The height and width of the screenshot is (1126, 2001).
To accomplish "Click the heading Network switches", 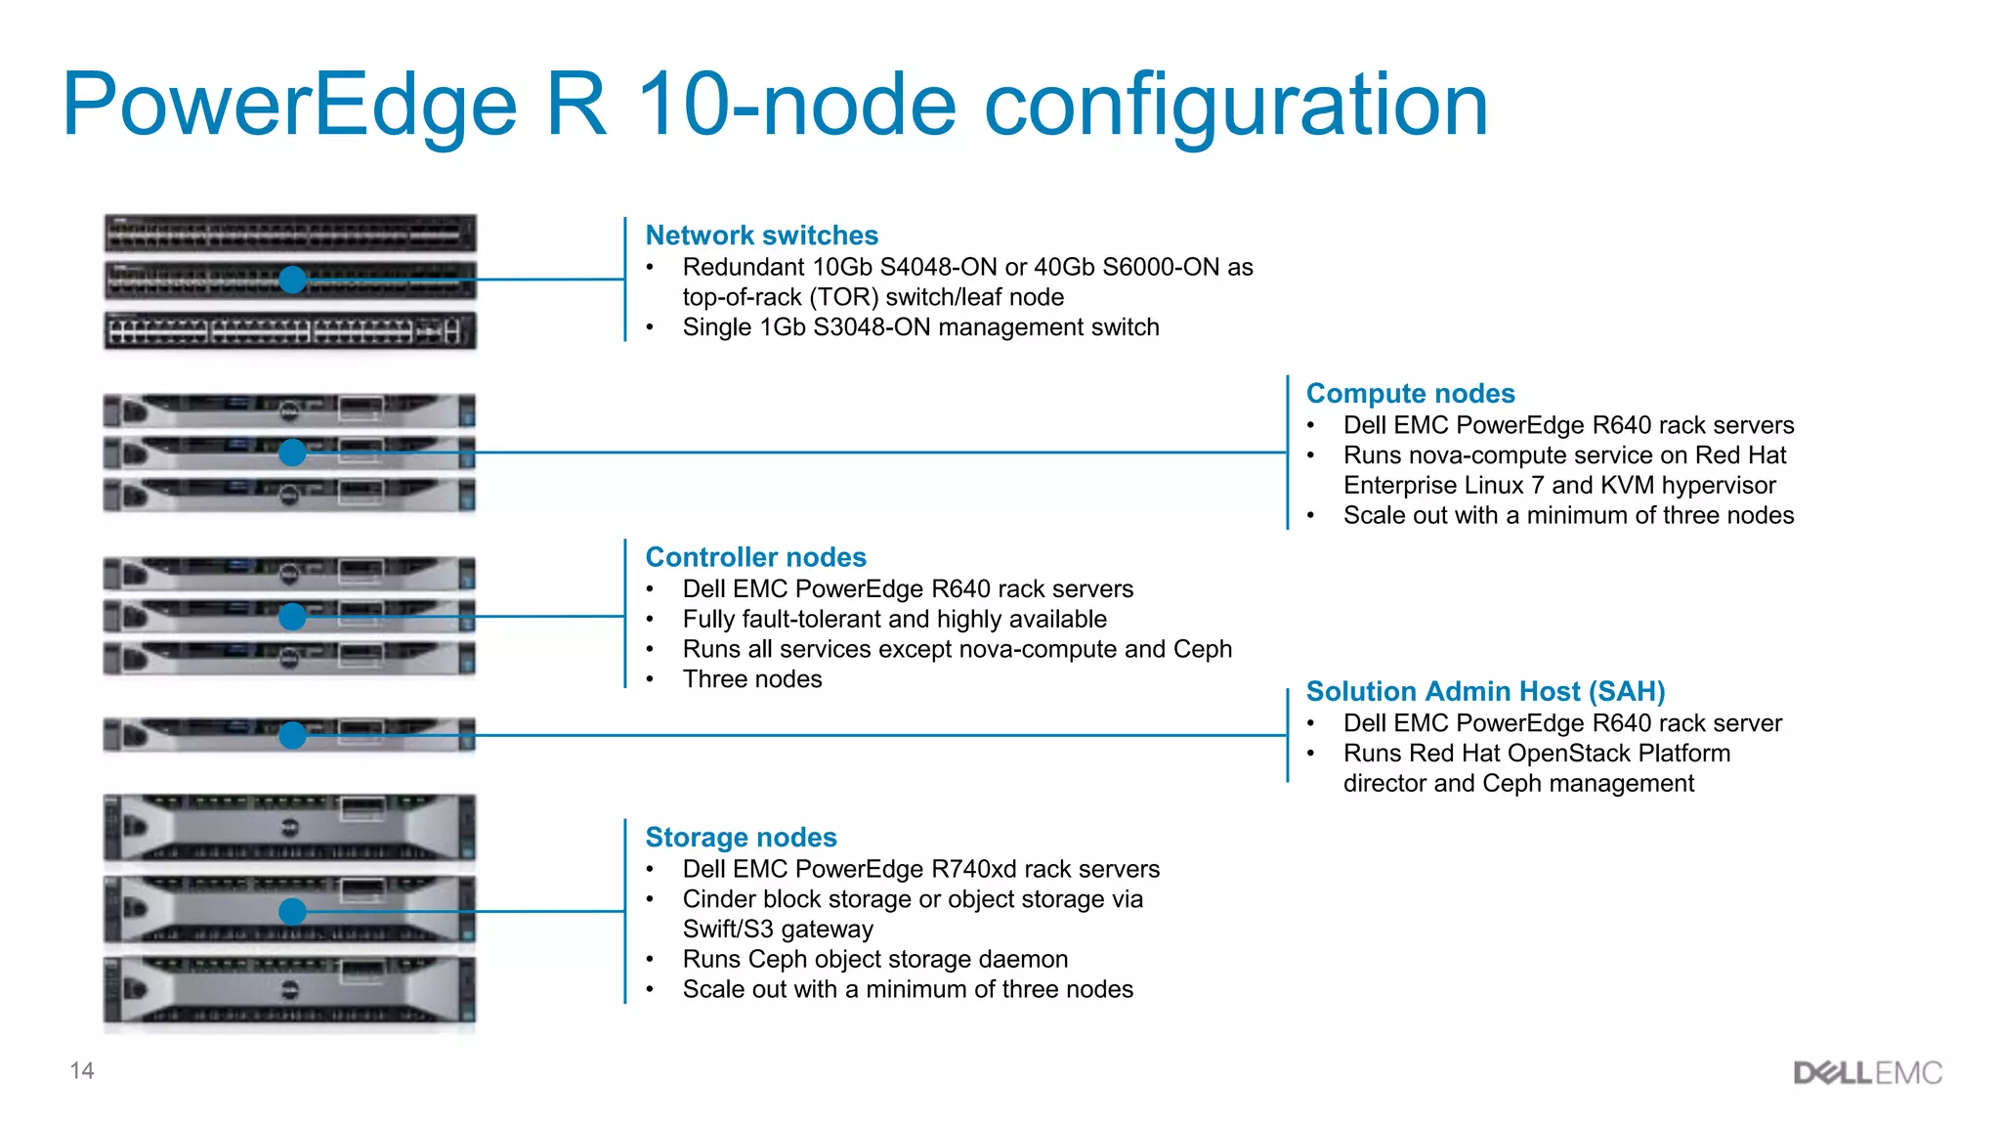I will pyautogui.click(x=761, y=236).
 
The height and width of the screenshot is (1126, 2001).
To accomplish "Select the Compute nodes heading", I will pyautogui.click(x=1410, y=394).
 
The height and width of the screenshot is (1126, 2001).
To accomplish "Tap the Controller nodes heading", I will pyautogui.click(x=755, y=557).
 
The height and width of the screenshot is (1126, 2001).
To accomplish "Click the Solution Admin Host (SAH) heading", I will pyautogui.click(x=1485, y=692).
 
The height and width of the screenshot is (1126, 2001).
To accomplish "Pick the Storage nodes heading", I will pyautogui.click(x=741, y=838).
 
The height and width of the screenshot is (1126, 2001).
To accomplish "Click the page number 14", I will pyautogui.click(x=82, y=1071).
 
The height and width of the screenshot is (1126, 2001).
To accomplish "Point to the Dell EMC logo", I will pyautogui.click(x=1867, y=1073).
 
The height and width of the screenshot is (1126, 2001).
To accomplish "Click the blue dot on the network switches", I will pyautogui.click(x=292, y=280).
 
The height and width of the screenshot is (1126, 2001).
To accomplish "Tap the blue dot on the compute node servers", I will pyautogui.click(x=292, y=453).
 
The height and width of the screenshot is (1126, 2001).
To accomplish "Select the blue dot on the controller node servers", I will pyautogui.click(x=292, y=617).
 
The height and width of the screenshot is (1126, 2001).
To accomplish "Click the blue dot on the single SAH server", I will pyautogui.click(x=292, y=736).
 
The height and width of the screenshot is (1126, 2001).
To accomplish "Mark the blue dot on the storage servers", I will pyautogui.click(x=292, y=912).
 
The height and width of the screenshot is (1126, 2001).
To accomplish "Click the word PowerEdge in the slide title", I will pyautogui.click(x=288, y=106).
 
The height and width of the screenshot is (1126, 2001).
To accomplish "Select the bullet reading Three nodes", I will pyautogui.click(x=752, y=679).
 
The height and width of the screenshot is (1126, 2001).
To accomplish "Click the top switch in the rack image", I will pyautogui.click(x=290, y=235).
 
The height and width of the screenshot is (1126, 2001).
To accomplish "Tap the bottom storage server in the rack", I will pyautogui.click(x=290, y=991).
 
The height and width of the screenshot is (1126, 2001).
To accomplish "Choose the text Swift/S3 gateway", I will pyautogui.click(x=778, y=930).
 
